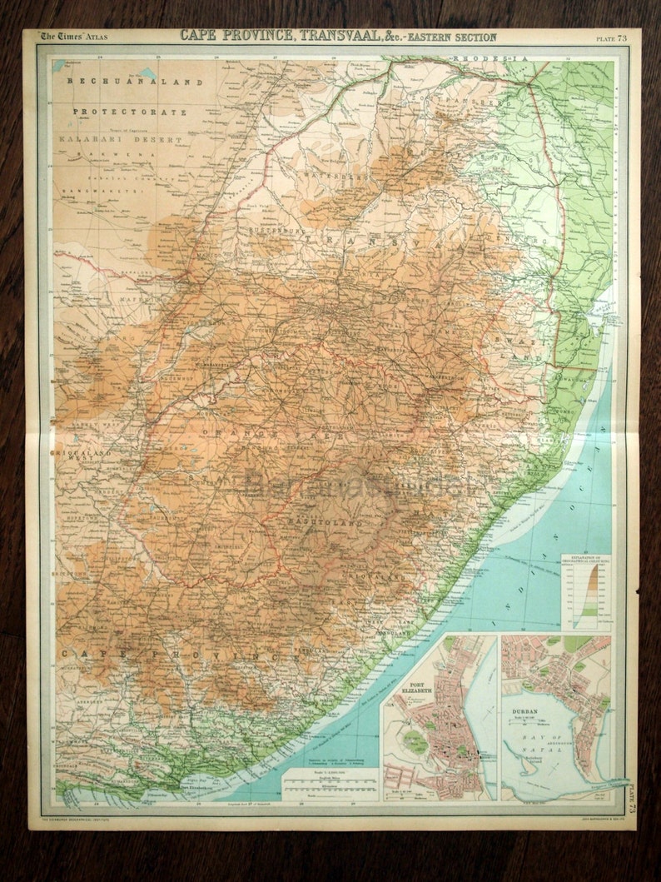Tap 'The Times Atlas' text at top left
pos(76,37)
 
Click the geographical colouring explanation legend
pos(585,591)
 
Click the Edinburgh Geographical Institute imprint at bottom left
pos(92,820)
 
